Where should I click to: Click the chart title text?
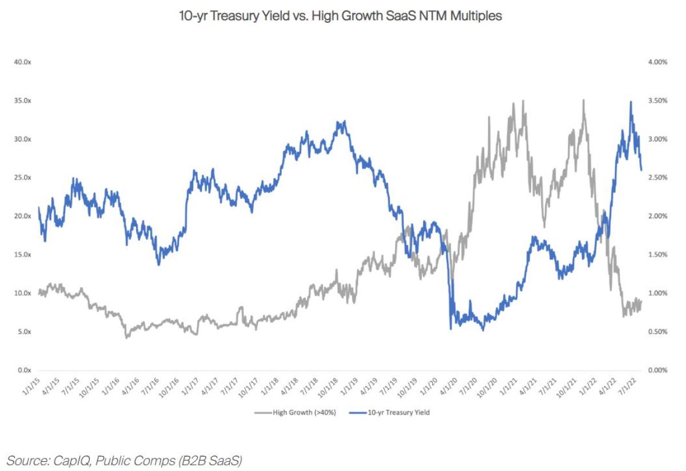pyautogui.click(x=341, y=16)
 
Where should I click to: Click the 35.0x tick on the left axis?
pyautogui.click(x=23, y=100)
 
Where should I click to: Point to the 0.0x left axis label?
pyautogui.click(x=24, y=370)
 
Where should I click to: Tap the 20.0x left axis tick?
pyautogui.click(x=23, y=216)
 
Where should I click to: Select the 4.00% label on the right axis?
pyautogui.click(x=657, y=62)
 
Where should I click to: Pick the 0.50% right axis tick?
pyautogui.click(x=657, y=332)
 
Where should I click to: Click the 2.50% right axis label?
pyautogui.click(x=657, y=178)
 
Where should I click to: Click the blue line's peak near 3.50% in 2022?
pyautogui.click(x=631, y=102)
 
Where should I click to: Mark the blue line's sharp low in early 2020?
pyautogui.click(x=451, y=328)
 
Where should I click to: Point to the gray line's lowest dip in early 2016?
pyautogui.click(x=126, y=338)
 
